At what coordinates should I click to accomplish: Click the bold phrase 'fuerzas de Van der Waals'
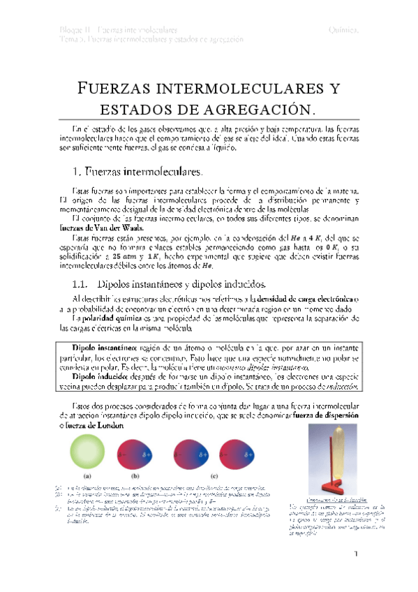point(97,227)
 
